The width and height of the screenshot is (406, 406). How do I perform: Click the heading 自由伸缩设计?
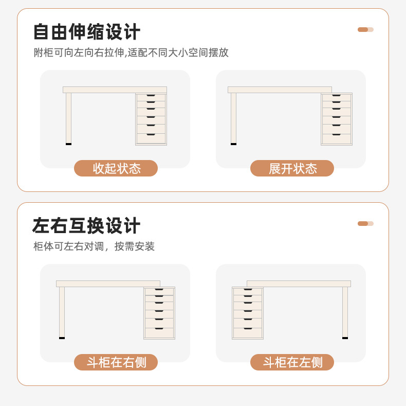point(86,32)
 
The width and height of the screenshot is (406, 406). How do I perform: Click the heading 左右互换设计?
point(86,226)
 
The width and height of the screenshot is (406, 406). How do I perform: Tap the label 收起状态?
point(116,168)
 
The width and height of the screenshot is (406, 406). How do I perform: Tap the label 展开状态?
point(292,168)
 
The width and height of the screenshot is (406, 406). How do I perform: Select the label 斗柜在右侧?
point(116,362)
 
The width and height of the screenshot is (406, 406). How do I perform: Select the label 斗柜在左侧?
point(292,362)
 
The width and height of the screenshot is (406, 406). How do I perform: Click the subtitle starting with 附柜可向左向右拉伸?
point(131,52)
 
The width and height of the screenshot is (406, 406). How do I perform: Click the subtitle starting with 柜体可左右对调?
point(94,246)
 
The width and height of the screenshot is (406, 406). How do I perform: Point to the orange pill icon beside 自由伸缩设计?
point(365,29)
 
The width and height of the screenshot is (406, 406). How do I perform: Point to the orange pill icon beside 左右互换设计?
point(365,223)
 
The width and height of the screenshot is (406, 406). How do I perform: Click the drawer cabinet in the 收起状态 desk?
point(151,119)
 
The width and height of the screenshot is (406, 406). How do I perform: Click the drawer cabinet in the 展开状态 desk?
point(337,119)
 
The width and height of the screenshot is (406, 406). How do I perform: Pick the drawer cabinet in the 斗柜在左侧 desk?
point(248,313)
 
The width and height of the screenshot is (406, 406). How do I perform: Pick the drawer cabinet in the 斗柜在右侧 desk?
point(159,313)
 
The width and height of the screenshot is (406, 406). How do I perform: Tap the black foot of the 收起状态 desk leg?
point(68,144)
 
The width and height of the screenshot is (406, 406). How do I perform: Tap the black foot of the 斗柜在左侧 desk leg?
point(345,338)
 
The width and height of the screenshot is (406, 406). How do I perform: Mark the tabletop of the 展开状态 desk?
point(280,90)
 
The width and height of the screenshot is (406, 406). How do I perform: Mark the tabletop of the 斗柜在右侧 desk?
point(108,284)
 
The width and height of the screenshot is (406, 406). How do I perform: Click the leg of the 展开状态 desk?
point(233,117)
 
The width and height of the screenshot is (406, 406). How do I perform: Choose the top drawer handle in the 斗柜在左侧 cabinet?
point(248,290)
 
